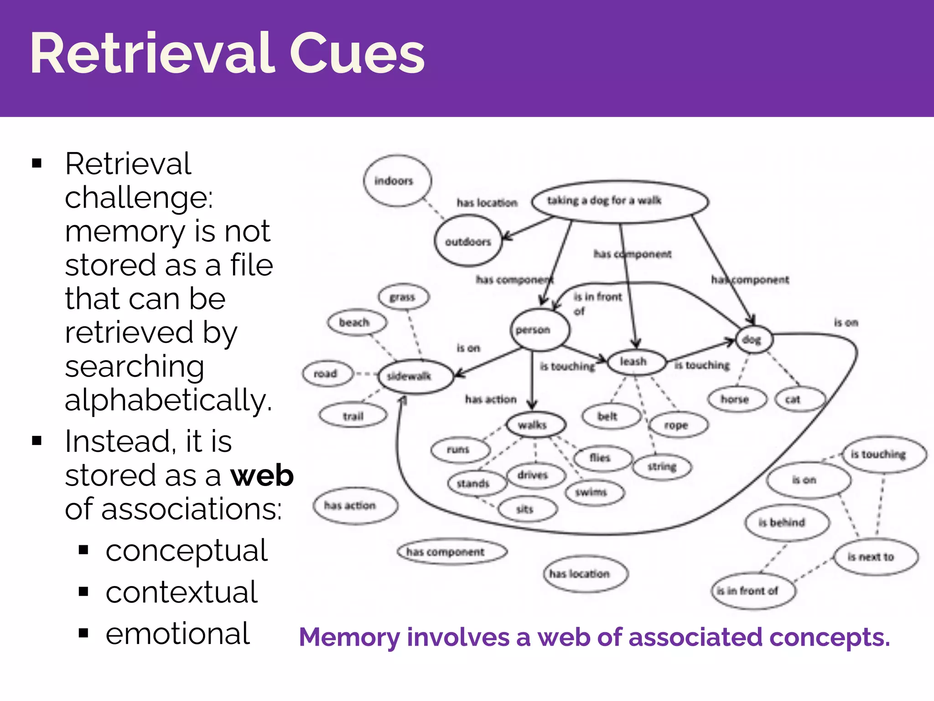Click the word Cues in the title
click(357, 54)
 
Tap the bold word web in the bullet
click(262, 476)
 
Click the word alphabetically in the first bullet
click(168, 400)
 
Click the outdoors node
click(468, 241)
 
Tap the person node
click(540, 330)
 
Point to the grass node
click(404, 297)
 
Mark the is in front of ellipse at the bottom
click(752, 591)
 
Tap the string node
click(662, 466)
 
